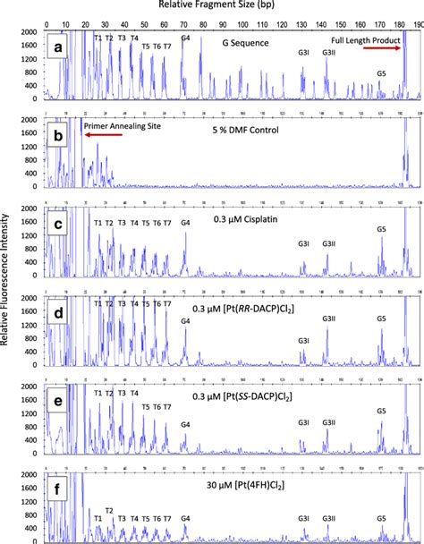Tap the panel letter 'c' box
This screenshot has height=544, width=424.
57,224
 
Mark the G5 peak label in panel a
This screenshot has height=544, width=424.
382,73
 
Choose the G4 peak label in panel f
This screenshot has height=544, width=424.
185,518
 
